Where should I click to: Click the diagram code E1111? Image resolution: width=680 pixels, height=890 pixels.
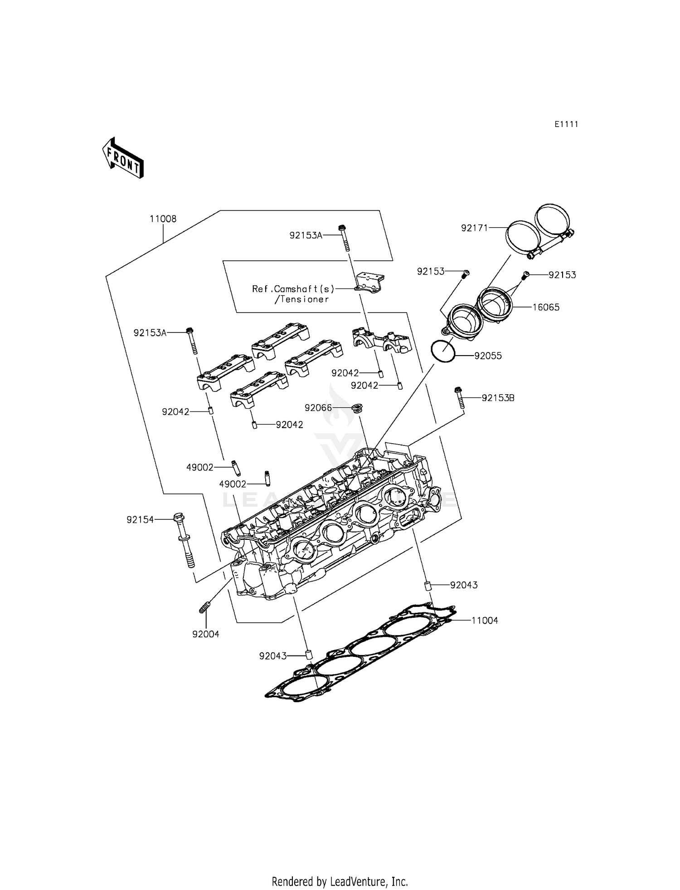tap(566, 124)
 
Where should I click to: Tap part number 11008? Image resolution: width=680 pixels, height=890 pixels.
tap(163, 219)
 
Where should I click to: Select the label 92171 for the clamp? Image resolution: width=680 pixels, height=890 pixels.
tap(475, 228)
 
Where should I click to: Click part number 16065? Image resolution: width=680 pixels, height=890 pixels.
tap(546, 307)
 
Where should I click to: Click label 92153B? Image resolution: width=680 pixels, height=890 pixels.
tap(498, 398)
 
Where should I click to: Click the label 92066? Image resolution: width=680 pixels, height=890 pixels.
tap(318, 408)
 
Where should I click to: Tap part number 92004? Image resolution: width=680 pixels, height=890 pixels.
tap(205, 634)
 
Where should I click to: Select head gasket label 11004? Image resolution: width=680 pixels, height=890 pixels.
tap(485, 620)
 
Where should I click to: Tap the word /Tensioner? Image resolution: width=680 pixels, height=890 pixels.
tap(301, 299)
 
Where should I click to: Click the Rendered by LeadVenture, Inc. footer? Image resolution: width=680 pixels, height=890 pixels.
tap(340, 881)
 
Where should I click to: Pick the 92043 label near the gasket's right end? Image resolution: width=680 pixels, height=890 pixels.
tap(464, 585)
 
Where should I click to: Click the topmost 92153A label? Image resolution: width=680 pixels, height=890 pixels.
tap(306, 235)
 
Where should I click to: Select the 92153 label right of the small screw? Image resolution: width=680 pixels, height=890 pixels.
tap(562, 275)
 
